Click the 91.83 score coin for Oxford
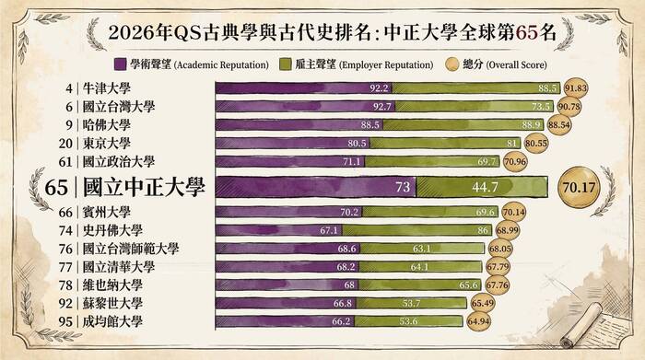(576, 88)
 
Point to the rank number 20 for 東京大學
(64, 143)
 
